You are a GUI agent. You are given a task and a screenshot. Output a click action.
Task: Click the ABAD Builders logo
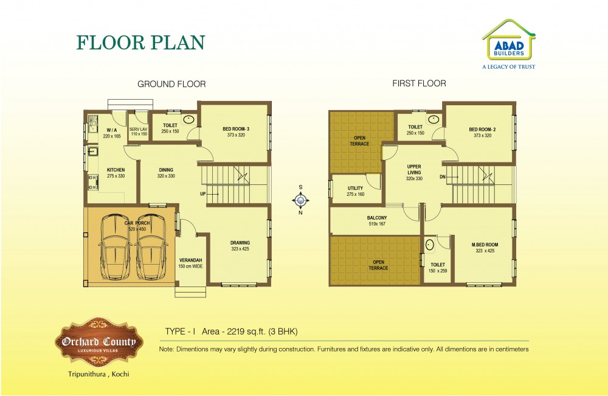pos(509,44)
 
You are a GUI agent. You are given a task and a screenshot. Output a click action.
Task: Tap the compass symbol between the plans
pos(300,200)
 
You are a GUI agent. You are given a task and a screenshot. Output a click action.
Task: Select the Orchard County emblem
pos(99,342)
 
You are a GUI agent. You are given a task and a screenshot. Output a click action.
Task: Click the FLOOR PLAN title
pos(141,42)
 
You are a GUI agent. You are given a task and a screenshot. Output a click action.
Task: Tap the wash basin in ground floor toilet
pos(188,119)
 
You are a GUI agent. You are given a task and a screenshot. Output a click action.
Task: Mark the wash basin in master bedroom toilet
pos(430,245)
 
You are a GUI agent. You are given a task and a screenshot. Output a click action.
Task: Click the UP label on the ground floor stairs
pos(203,193)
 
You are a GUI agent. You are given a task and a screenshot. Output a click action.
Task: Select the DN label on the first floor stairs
pos(443,177)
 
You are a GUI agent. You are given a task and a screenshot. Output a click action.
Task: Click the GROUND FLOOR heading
pos(172,84)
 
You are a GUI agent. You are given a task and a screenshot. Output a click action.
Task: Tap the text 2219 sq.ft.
pos(246,332)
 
